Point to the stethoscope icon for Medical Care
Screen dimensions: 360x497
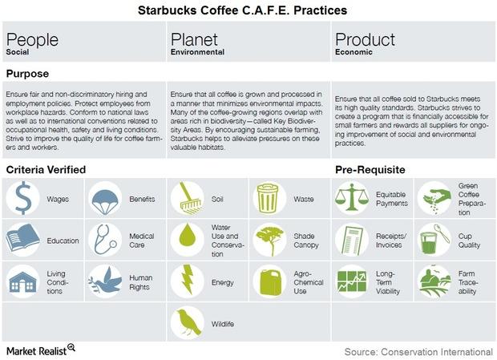[104, 240]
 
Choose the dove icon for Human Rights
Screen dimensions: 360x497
[104, 281]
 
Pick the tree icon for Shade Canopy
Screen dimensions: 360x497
[269, 238]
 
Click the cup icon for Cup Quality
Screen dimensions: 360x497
[434, 240]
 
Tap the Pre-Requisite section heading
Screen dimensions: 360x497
[370, 170]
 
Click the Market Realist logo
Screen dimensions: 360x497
[41, 350]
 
